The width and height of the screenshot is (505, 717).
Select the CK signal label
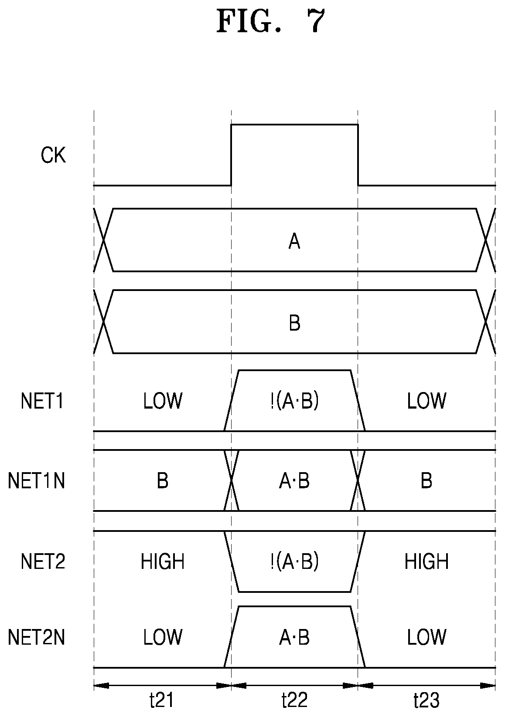53,155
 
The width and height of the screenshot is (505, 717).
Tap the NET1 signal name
42,400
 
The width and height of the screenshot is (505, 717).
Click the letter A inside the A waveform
294,241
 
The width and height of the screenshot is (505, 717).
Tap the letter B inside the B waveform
294,323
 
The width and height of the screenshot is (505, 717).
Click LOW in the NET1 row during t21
163,400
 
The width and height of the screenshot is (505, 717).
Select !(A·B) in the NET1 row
294,400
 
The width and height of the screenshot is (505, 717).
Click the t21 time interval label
161,700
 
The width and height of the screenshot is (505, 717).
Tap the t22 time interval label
294,700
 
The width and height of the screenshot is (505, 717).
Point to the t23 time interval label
426,700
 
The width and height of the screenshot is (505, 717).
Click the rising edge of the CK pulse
231,155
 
